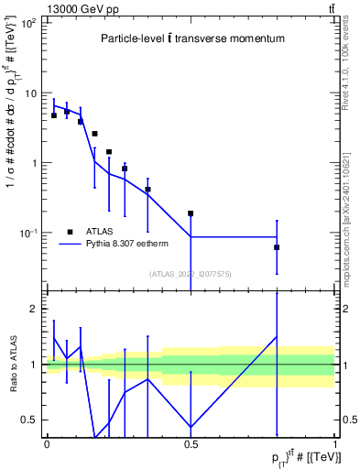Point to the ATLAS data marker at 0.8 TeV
[277, 247]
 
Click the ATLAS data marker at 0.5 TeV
[191, 213]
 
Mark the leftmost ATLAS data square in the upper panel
[54, 115]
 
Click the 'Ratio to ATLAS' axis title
[12, 364]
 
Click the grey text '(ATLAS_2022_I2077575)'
[190, 274]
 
